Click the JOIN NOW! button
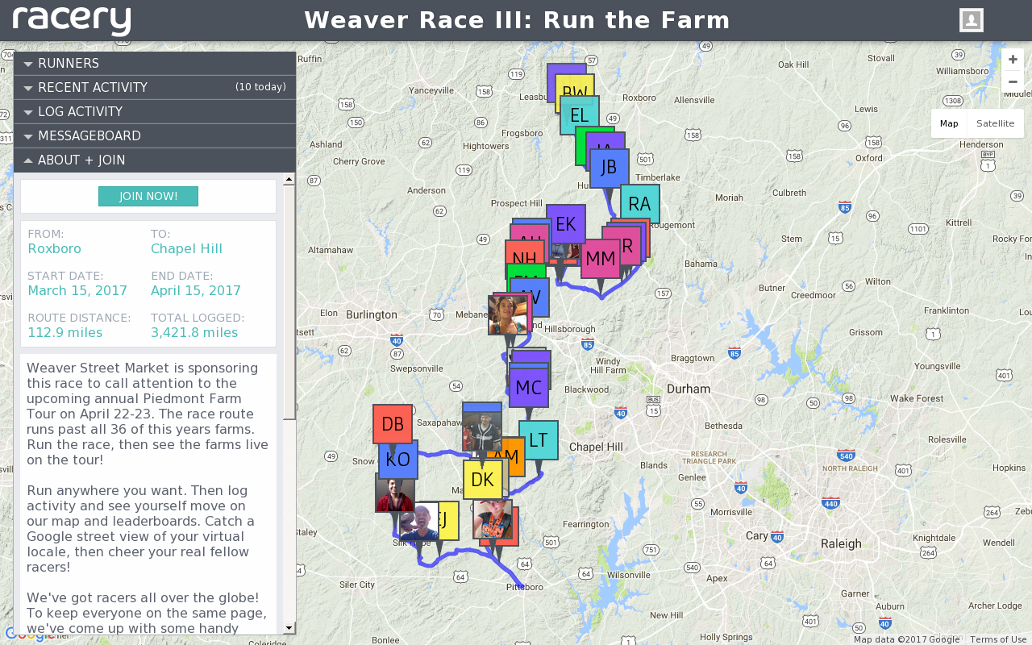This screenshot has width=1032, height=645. [x=148, y=196]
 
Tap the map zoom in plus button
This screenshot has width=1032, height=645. [x=1013, y=60]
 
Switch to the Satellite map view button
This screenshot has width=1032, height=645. [x=995, y=123]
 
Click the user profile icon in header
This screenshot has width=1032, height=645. [x=971, y=20]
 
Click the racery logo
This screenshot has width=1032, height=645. [x=72, y=20]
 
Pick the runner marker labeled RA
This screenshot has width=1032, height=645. [x=639, y=204]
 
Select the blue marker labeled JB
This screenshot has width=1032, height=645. [x=609, y=168]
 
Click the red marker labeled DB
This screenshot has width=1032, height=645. [x=393, y=424]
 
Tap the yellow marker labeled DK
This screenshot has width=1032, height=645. [x=482, y=480]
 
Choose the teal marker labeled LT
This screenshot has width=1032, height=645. [x=539, y=440]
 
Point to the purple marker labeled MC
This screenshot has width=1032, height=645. [x=529, y=387]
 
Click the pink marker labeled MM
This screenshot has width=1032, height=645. [x=600, y=259]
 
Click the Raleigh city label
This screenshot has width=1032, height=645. [x=840, y=543]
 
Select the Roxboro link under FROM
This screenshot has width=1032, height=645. [x=55, y=248]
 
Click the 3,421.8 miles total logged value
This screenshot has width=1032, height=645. [x=194, y=332]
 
